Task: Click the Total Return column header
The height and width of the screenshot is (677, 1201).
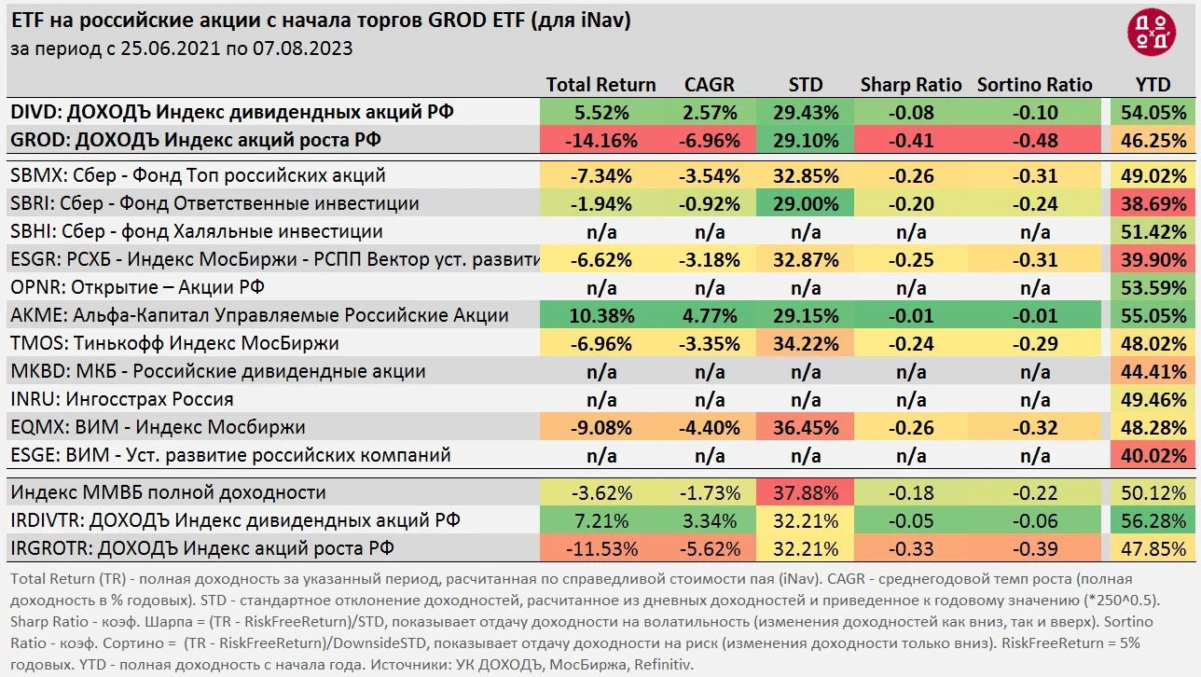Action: [x=600, y=85]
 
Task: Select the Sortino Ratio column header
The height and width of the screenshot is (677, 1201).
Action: [x=1034, y=85]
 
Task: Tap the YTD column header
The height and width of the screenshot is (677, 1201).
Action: [x=1153, y=85]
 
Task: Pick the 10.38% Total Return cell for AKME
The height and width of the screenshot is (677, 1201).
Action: [x=600, y=315]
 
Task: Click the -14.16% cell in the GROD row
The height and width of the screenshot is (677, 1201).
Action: [x=600, y=141]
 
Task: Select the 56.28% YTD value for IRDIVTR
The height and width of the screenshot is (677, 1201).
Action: [x=1153, y=520]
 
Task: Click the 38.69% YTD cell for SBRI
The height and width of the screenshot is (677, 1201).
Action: [x=1153, y=203]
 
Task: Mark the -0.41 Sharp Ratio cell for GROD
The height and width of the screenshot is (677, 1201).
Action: [x=911, y=141]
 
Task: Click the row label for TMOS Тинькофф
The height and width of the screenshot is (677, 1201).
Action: [x=174, y=343]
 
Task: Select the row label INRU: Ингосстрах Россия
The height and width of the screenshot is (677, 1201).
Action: [x=122, y=399]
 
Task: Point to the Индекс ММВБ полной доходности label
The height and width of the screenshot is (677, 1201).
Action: [x=168, y=492]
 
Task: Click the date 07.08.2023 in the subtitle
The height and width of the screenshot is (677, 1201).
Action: [x=302, y=48]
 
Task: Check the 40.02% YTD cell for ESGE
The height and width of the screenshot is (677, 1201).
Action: [x=1153, y=455]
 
